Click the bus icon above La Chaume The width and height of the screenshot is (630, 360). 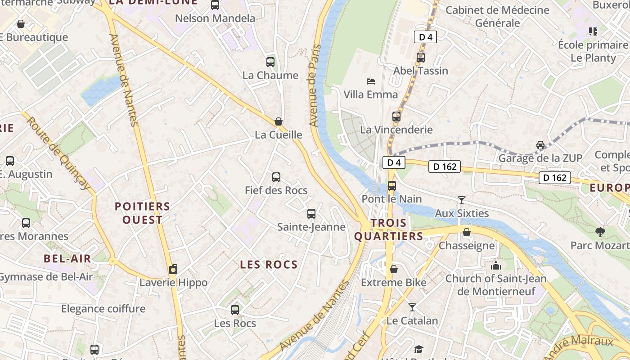[x=270, y=62]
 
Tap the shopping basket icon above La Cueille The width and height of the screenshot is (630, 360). [x=279, y=121]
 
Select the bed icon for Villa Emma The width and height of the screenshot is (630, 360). [x=371, y=81]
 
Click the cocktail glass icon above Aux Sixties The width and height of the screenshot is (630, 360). [x=462, y=200]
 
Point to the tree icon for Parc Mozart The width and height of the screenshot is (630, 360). [x=600, y=232]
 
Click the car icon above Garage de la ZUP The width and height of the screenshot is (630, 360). [x=540, y=145]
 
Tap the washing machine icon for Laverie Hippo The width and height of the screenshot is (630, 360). [x=173, y=270]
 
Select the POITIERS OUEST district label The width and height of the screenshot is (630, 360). [x=142, y=213]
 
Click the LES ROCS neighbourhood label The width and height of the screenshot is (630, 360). [x=269, y=265]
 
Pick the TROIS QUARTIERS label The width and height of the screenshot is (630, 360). [x=388, y=229]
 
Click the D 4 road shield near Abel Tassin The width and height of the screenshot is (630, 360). [x=425, y=37]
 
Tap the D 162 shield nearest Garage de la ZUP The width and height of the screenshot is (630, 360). [x=554, y=178]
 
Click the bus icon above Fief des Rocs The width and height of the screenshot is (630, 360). [x=276, y=177]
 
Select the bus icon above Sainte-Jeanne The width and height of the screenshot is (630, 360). [x=311, y=214]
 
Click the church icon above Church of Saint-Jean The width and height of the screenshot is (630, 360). [x=496, y=265]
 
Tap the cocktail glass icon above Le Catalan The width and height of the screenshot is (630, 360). [x=412, y=307]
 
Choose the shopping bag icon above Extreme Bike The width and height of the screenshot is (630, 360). [x=394, y=269]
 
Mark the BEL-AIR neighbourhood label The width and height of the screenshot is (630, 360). [x=67, y=259]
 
